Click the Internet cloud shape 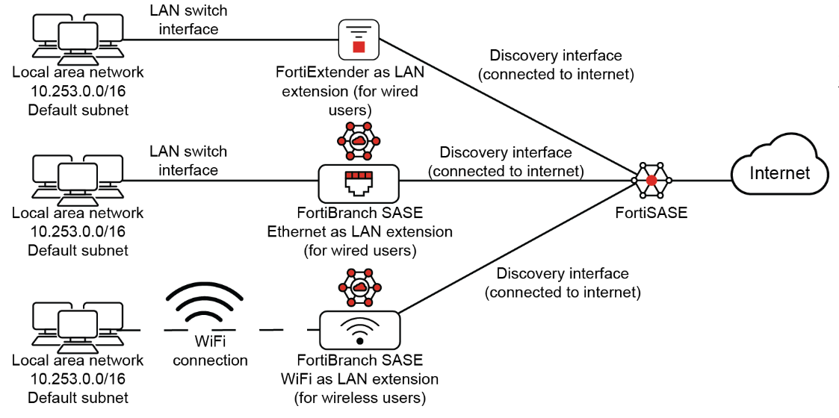[779, 173]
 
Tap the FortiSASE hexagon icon [651, 181]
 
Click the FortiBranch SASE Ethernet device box [359, 182]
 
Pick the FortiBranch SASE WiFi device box [359, 330]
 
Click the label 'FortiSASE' [651, 213]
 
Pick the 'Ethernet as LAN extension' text [359, 231]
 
